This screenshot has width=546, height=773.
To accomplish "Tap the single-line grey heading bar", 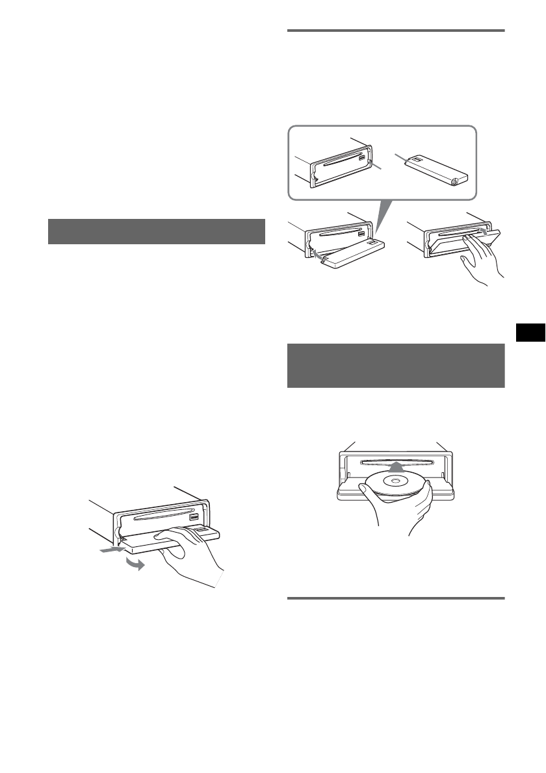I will [x=157, y=232].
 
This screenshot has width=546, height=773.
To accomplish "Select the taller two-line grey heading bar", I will [x=396, y=366].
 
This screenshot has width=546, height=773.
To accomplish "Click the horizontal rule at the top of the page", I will [x=396, y=30].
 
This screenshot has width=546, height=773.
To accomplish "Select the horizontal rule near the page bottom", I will [x=396, y=598].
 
